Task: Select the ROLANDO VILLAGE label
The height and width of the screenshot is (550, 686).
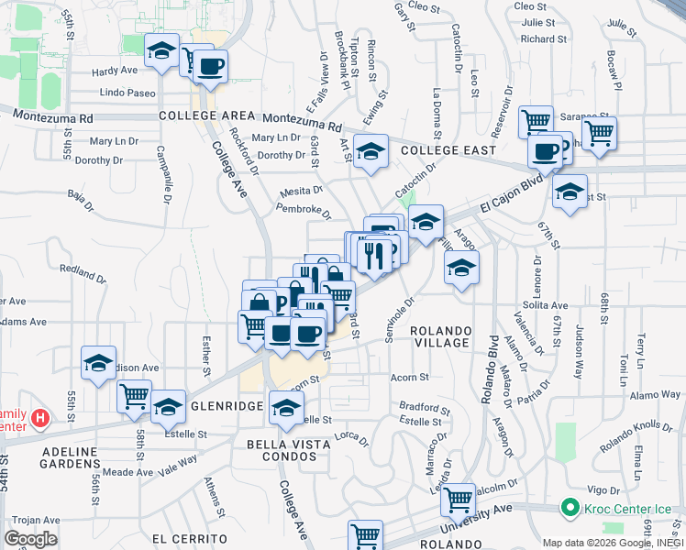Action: [440, 336]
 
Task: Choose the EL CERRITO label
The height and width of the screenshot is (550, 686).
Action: [190, 538]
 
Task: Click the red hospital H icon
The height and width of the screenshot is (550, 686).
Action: [39, 420]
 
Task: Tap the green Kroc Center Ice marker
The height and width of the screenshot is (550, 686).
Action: [569, 507]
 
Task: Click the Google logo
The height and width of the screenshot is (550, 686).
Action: [31, 539]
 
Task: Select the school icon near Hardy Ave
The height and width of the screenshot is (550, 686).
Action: [162, 50]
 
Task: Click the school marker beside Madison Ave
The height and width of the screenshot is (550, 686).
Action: [98, 362]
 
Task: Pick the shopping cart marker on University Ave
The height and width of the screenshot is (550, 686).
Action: [457, 500]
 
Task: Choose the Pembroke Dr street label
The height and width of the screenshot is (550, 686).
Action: [303, 210]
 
